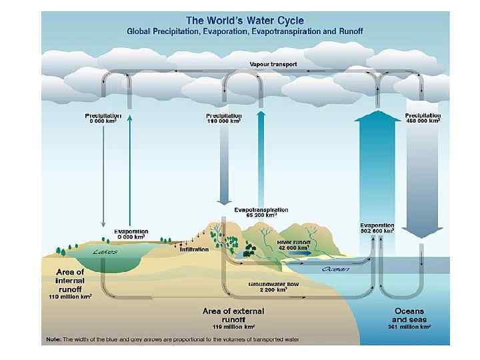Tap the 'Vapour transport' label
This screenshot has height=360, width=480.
pyautogui.click(x=273, y=65)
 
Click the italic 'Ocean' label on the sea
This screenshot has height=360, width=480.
pyautogui.click(x=336, y=269)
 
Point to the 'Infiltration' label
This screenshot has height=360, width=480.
pyautogui.click(x=195, y=249)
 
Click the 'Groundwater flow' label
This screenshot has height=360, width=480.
pyautogui.click(x=268, y=284)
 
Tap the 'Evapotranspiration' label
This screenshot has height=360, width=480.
pyautogui.click(x=261, y=209)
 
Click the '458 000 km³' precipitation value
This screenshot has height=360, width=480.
pyautogui.click(x=423, y=121)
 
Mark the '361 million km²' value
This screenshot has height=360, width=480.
pyautogui.click(x=409, y=327)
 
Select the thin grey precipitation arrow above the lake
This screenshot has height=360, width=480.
pyautogui.click(x=103, y=173)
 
